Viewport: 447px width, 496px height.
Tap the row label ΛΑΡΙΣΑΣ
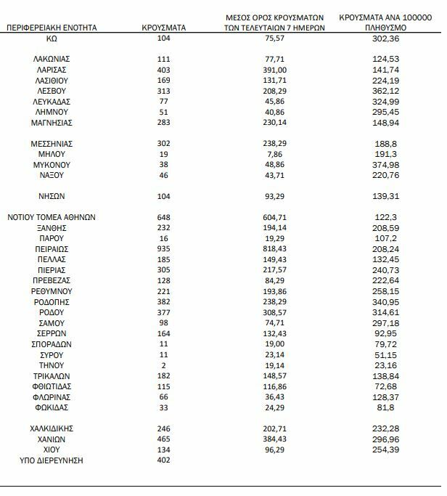click(x=52, y=69)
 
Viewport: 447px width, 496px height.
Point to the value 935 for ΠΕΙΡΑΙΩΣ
click(x=163, y=248)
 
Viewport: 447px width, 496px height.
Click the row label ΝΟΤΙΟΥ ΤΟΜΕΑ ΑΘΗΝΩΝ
click(x=52, y=217)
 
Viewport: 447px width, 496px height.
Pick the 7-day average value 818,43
click(x=274, y=248)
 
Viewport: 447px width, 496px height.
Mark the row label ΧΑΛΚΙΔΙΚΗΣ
click(x=52, y=428)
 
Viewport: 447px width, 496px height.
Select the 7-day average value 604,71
click(x=274, y=217)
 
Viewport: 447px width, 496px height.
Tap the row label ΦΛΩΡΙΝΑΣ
click(x=52, y=397)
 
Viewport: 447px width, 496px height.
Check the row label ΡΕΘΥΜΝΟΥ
click(x=52, y=291)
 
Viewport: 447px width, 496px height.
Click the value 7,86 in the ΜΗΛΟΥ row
click(x=274, y=154)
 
